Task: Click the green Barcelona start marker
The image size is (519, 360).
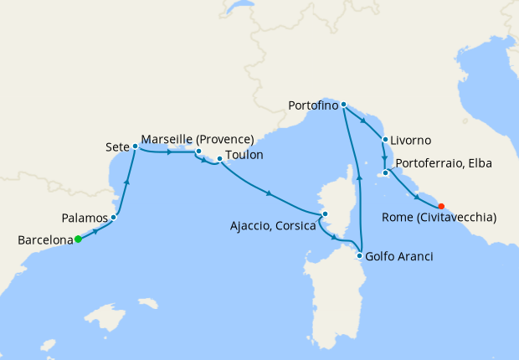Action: [78, 239]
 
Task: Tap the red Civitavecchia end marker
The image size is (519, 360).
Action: [441, 206]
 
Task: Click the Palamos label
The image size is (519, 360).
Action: [85, 218]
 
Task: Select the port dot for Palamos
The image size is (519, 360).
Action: [113, 217]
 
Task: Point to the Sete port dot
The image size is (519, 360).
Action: [135, 147]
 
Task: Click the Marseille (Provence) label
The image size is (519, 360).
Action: [198, 139]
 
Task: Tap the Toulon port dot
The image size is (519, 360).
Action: [219, 158]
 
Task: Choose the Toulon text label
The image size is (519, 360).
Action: [245, 155]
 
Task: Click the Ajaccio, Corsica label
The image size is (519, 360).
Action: [272, 225]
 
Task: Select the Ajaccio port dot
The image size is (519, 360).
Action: [325, 214]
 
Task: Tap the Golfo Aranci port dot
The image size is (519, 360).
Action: [359, 255]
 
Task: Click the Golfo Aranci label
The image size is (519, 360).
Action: [400, 256]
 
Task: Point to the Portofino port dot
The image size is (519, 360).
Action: [343, 105]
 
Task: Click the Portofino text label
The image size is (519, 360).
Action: [312, 106]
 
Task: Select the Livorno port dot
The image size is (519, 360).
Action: [384, 140]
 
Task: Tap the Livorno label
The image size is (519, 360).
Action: [411, 141]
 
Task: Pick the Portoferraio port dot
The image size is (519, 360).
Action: [386, 174]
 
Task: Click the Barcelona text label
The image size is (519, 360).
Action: [44, 241]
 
